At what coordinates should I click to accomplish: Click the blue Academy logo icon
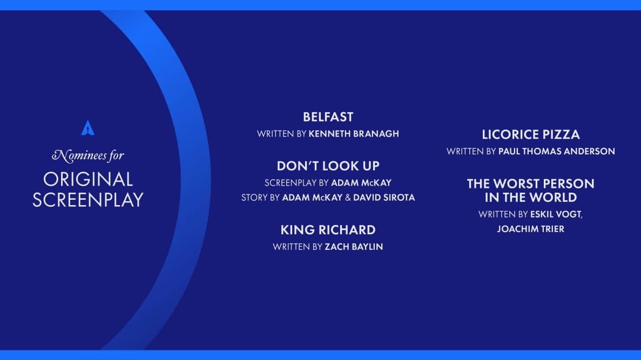[x=88, y=127]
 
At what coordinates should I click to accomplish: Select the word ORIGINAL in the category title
[x=88, y=179]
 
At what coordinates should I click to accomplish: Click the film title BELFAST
[x=328, y=117]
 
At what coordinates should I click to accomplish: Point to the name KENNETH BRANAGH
[x=354, y=134]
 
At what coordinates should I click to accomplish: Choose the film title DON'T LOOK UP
[x=328, y=166]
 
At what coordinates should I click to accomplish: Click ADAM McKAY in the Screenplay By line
[x=361, y=182]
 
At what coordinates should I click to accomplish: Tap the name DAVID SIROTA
[x=384, y=198]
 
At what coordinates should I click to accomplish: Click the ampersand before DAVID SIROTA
[x=348, y=198]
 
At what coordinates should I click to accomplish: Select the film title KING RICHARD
[x=328, y=230]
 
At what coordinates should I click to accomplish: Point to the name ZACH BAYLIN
[x=354, y=247]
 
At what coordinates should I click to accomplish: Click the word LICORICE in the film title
[x=505, y=135]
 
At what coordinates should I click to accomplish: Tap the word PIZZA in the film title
[x=556, y=135]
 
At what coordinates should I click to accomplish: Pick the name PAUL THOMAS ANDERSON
[x=556, y=151]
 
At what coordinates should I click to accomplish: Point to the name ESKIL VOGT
[x=556, y=214]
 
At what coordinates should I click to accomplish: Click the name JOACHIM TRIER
[x=531, y=229]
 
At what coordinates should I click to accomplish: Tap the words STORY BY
[x=260, y=198]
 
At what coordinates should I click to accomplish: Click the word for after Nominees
[x=116, y=155]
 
